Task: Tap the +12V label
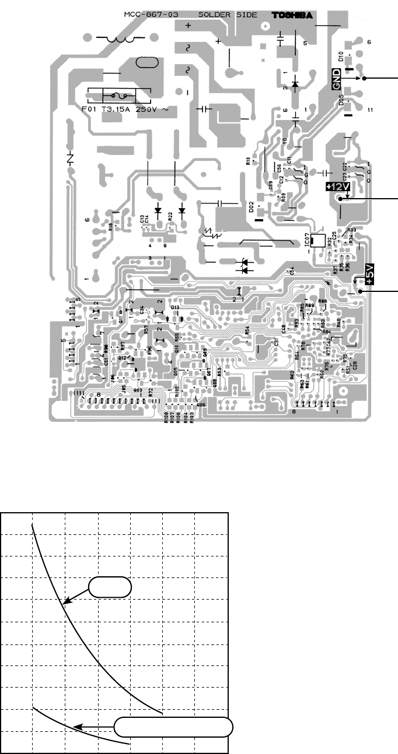click(x=337, y=187)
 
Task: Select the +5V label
click(x=369, y=273)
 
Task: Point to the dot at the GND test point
click(x=364, y=78)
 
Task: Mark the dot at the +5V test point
click(x=361, y=291)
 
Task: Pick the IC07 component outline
click(x=318, y=240)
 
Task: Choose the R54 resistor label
click(x=247, y=330)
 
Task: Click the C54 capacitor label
click(x=290, y=272)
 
